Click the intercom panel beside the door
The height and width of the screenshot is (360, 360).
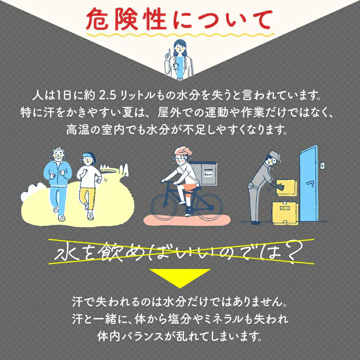pos(323,166)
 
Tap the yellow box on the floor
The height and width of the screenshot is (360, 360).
pos(285,213)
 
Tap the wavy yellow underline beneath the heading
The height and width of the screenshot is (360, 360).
pos(180,35)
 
